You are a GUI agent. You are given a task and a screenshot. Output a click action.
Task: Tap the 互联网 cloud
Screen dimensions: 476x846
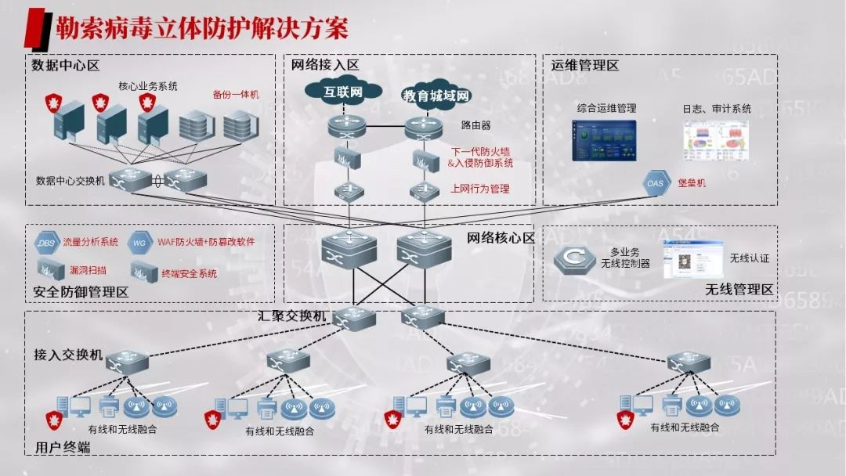(344, 92)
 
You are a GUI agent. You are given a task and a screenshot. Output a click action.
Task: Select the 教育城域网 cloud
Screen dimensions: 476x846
(436, 96)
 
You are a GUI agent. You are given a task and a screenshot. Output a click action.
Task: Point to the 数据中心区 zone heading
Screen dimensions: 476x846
(66, 66)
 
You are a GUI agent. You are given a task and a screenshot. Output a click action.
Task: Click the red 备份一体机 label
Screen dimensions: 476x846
(235, 95)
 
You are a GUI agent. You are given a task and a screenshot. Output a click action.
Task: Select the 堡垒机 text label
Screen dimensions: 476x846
(691, 182)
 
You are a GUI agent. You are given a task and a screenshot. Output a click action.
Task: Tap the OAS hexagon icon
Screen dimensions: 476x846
(655, 183)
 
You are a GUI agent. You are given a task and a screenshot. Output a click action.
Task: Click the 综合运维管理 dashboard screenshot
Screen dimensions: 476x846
(605, 141)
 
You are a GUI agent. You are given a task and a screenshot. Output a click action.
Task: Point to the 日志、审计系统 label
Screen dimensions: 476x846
(716, 109)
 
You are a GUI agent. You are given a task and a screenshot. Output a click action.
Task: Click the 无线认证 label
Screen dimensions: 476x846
(750, 258)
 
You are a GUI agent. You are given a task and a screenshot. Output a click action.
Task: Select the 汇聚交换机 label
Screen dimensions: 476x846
(291, 316)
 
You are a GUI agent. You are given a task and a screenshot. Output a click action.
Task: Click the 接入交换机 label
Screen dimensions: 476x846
(68, 355)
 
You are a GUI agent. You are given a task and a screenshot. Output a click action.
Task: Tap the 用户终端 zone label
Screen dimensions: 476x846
(63, 448)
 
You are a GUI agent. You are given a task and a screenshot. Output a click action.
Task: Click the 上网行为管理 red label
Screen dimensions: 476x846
(479, 189)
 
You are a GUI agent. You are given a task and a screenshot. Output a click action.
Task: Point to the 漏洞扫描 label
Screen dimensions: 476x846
(88, 270)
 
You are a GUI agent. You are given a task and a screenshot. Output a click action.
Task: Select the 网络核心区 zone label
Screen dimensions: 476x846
(501, 237)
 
